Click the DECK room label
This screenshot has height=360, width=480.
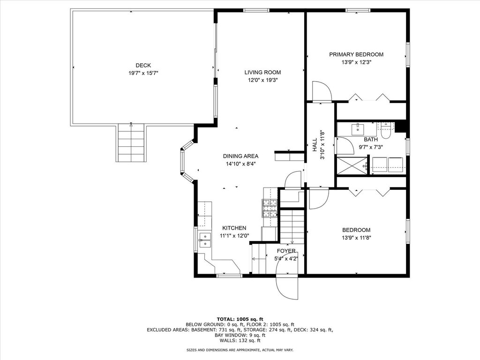143,66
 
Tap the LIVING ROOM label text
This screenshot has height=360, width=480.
262,73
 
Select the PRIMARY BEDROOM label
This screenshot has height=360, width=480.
356,54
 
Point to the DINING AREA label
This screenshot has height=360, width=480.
240,156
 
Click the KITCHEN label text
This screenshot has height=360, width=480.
234,228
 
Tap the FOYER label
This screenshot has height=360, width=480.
286,251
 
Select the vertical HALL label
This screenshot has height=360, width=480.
315,145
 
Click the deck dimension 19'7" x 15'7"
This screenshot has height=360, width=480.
143,73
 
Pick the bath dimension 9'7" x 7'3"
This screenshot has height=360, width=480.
371,147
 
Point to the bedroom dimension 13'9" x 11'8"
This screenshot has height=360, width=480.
356,238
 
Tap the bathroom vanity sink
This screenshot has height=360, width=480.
357,129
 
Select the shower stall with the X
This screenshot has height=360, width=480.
352,165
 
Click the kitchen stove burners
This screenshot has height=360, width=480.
270,208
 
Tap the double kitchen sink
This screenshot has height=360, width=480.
205,240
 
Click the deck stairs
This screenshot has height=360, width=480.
131,142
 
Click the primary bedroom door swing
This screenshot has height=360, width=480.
322,91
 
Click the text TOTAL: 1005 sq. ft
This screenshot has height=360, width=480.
240,319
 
